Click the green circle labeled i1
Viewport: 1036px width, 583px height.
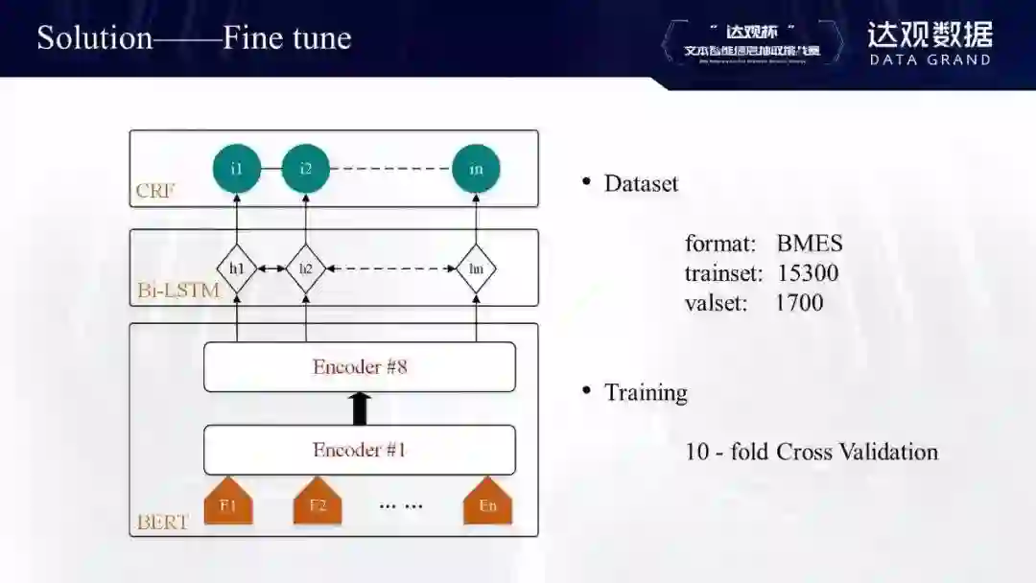coord(237,169)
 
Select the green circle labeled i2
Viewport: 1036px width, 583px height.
coord(305,169)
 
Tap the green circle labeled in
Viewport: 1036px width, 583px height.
coord(476,169)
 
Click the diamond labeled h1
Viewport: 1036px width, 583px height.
coord(237,269)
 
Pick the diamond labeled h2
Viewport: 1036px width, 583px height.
coord(305,269)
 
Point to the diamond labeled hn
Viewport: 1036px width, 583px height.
coord(476,269)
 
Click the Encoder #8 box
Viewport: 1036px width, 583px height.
coord(360,366)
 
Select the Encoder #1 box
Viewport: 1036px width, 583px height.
coord(360,450)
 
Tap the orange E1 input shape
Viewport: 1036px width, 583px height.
coord(228,502)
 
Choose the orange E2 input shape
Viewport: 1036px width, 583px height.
coord(318,502)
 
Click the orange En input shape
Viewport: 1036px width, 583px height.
coord(487,502)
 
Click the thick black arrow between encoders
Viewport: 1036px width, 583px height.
coord(360,408)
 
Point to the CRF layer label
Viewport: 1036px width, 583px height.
coord(155,191)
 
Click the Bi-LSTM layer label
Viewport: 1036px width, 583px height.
coord(177,290)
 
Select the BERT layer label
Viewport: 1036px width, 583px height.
coord(162,523)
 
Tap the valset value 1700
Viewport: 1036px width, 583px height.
coord(799,303)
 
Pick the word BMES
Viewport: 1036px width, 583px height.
coord(809,244)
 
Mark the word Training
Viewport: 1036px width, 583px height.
coord(646,392)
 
